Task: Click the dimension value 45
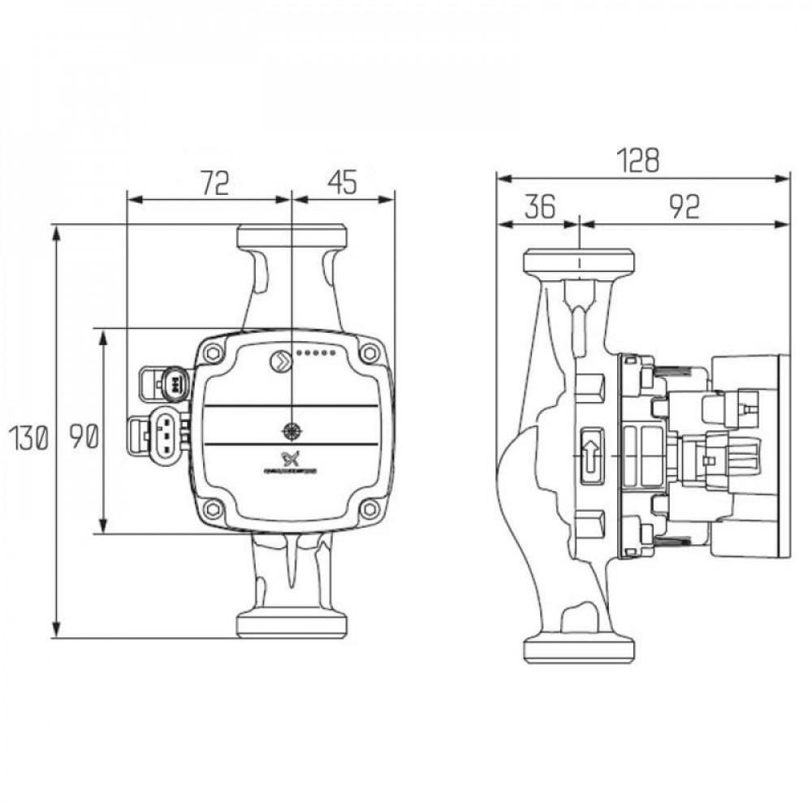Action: tap(342, 184)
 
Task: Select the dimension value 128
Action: tap(642, 161)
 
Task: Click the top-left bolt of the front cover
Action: tap(214, 353)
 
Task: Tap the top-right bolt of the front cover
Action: tap(369, 353)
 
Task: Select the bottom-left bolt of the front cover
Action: tap(214, 509)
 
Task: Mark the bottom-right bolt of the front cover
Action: tap(369, 509)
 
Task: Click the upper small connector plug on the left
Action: tap(168, 381)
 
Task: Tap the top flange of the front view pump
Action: tap(292, 237)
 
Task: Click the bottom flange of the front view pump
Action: tap(292, 624)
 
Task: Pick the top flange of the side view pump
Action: tap(578, 263)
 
